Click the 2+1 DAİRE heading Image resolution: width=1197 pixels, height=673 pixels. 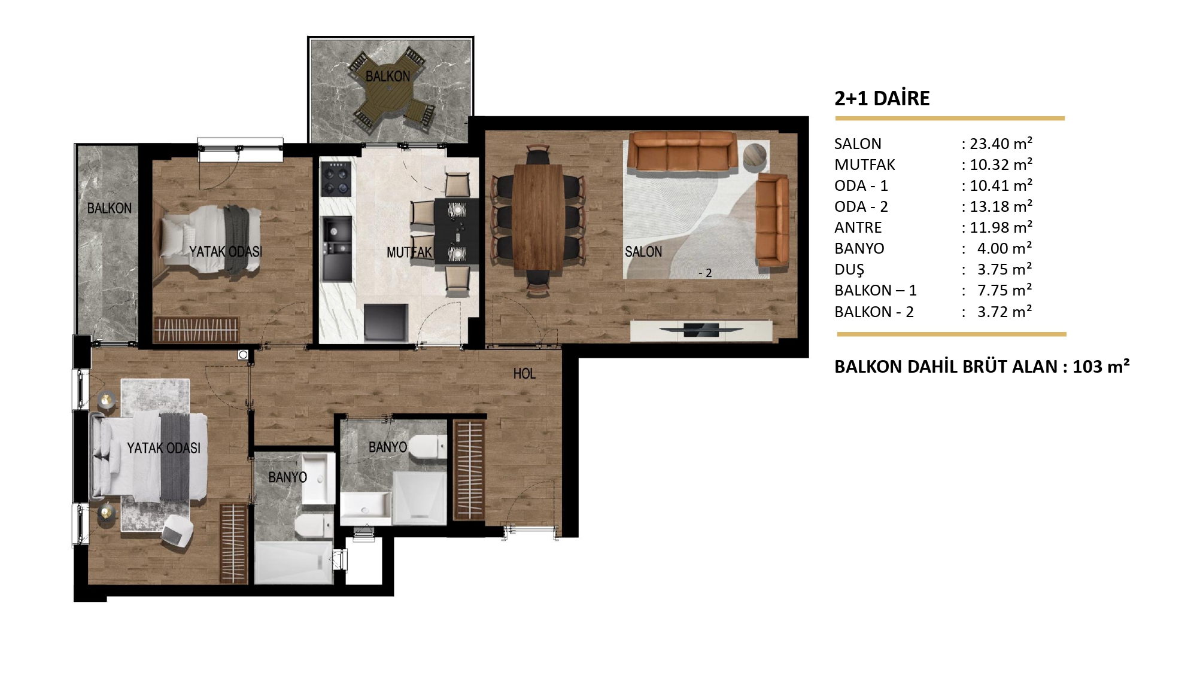882,98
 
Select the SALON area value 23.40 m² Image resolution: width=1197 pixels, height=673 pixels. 1001,144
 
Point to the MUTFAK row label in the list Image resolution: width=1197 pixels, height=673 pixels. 865,165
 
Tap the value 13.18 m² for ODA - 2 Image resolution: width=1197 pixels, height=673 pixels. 1001,206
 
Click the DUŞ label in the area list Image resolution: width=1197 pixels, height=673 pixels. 849,270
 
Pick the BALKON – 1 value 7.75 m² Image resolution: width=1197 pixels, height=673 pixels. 1005,290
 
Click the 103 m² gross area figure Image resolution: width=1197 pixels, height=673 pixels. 1101,366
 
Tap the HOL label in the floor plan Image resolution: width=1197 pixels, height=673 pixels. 524,374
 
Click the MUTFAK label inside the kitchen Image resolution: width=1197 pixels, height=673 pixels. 409,252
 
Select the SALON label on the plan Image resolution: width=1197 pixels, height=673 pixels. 643,252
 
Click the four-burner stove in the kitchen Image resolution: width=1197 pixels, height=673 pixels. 336,178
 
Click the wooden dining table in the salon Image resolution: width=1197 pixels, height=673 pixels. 538,217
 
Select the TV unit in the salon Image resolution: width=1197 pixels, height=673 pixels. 701,330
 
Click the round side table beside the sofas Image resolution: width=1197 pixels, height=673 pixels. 755,154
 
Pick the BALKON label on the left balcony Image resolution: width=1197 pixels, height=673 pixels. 110,208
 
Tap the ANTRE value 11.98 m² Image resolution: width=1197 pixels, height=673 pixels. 1001,227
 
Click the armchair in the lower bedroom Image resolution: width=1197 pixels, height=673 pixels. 178,529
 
